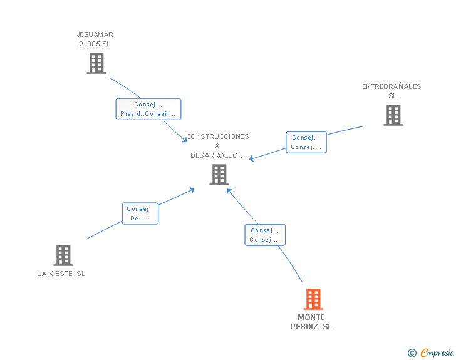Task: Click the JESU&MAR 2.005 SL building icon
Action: (x=96, y=63)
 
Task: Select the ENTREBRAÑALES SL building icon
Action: (x=393, y=115)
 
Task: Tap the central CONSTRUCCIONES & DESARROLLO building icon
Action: (x=219, y=175)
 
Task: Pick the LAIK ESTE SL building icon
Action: (x=63, y=255)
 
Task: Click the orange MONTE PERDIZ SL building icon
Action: (x=313, y=299)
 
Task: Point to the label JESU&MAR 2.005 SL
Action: (x=95, y=39)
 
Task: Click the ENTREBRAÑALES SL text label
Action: (x=391, y=91)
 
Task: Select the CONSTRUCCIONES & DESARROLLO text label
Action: (x=217, y=146)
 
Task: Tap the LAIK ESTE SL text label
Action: (x=61, y=274)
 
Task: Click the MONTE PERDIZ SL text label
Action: (x=311, y=322)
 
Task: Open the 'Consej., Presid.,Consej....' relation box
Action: (x=148, y=109)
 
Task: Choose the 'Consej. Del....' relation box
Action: (x=140, y=213)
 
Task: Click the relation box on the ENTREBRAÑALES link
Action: (x=306, y=142)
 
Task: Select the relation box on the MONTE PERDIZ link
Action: (x=264, y=235)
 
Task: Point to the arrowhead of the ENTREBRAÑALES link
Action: (x=252, y=158)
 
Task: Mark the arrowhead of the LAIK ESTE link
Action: (x=192, y=189)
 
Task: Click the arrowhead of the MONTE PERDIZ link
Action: (x=229, y=190)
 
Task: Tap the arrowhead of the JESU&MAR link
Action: (x=184, y=139)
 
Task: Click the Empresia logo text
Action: (x=437, y=352)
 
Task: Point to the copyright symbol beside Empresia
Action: (x=412, y=353)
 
